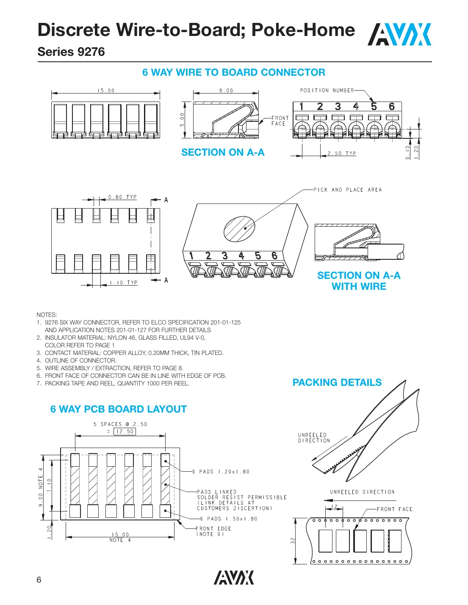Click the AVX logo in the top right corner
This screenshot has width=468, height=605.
coord(399,34)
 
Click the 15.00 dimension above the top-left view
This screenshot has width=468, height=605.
coord(106,91)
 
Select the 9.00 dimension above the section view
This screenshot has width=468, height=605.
coord(226,91)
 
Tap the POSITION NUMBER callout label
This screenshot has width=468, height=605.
coord(327,91)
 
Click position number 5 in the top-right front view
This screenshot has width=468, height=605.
coord(374,107)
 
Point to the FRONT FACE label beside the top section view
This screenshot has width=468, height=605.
coord(280,121)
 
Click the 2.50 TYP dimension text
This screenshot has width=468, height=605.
coord(341,153)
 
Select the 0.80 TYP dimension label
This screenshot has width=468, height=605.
coord(122,197)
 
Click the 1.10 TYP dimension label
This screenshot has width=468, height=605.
coord(124,283)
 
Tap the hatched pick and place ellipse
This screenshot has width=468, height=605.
coord(239,229)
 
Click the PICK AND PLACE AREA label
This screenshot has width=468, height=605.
coord(347,190)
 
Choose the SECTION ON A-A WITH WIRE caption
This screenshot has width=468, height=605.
coord(359,281)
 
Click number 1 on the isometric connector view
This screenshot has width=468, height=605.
coord(191,256)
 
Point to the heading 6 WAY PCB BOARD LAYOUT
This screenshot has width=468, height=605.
coord(118,409)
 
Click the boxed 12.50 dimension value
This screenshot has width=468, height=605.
coord(125,432)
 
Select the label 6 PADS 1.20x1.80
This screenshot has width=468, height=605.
coord(221,472)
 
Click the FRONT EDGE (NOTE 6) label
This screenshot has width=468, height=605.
coord(213,531)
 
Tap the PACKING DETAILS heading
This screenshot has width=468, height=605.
coord(337,382)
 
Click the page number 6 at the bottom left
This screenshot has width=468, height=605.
coord(39,580)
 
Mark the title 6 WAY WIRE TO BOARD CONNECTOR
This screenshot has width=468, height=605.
coord(234,72)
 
